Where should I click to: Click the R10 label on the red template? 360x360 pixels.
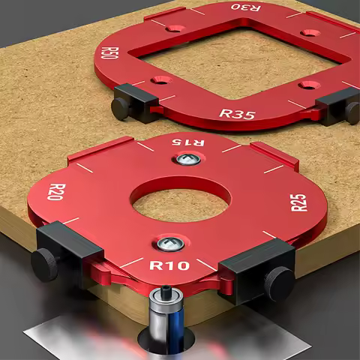[x=169, y=265]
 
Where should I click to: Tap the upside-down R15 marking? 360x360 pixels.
[x=187, y=141]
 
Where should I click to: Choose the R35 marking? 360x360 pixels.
[x=236, y=114]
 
